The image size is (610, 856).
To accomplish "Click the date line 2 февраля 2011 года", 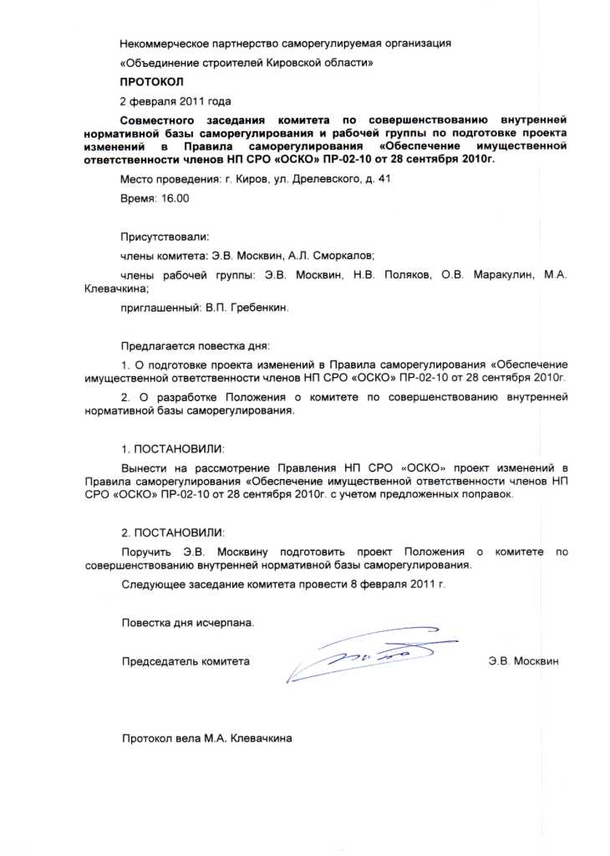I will click(175, 102).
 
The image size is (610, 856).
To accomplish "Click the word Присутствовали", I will click(165, 237).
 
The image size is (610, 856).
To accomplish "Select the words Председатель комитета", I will click(186, 661).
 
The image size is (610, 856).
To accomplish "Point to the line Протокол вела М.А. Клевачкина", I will click(207, 738).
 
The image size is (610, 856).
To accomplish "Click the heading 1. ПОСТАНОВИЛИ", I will click(173, 449).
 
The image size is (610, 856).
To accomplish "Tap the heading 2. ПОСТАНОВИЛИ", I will click(173, 532).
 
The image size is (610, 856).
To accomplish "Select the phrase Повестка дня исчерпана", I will click(187, 623).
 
